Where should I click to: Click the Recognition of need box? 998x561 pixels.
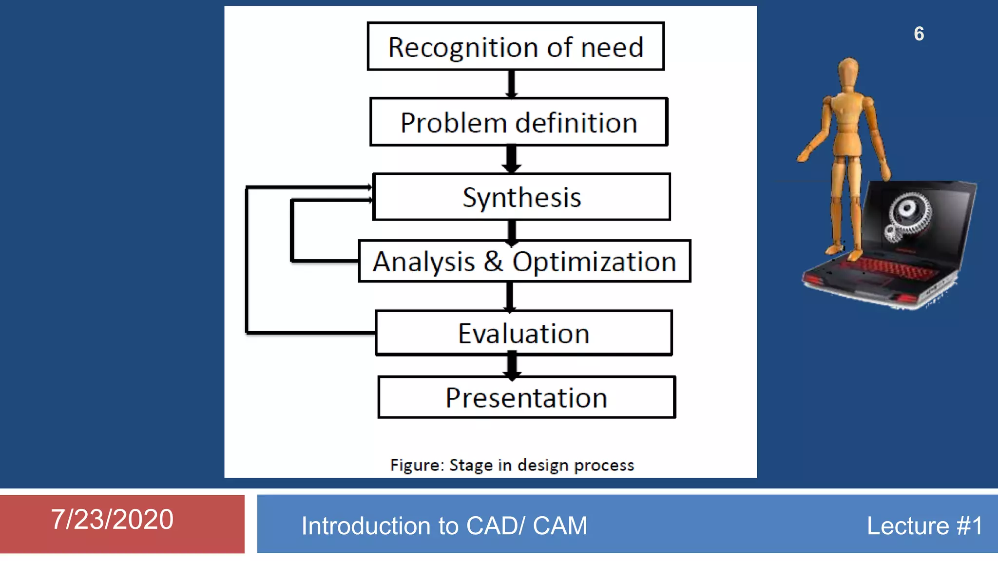[x=516, y=46]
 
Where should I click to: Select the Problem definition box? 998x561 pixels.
[x=518, y=122]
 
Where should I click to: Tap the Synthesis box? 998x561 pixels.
[x=521, y=197]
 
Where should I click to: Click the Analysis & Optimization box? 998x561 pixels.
[x=524, y=262]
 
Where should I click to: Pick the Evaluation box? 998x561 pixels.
[x=524, y=333]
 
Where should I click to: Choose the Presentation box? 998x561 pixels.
[x=526, y=397]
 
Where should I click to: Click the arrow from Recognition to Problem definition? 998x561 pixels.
[x=512, y=84]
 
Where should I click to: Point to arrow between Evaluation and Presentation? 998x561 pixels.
[x=512, y=366]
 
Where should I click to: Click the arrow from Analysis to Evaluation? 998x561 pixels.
[x=510, y=296]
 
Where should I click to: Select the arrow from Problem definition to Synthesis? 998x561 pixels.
[x=512, y=159]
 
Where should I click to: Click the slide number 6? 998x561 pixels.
[x=919, y=34]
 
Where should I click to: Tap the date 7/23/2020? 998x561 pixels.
[x=112, y=519]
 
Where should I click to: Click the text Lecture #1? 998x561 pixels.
[x=924, y=526]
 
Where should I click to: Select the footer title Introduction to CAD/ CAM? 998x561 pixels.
[x=444, y=526]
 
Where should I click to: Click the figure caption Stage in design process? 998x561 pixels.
[x=512, y=465]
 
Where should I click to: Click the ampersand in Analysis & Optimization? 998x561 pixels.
[x=493, y=262]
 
